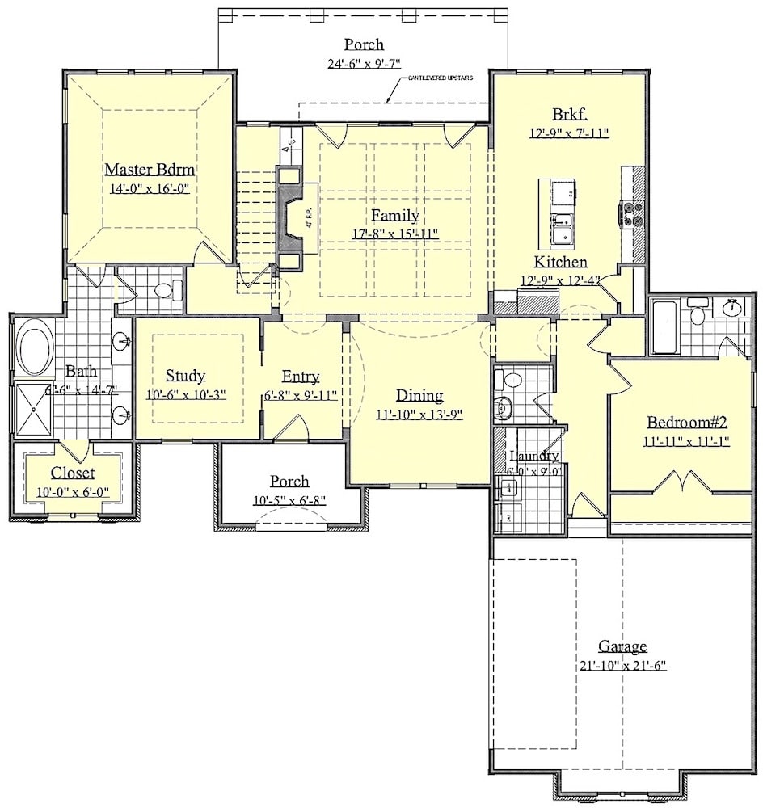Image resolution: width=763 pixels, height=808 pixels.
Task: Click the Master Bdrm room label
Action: click(151, 169)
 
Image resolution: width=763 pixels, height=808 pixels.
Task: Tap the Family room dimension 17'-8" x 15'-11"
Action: click(395, 234)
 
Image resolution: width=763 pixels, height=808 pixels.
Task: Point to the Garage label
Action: click(622, 646)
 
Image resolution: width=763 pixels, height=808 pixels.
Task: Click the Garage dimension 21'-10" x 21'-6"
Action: click(622, 666)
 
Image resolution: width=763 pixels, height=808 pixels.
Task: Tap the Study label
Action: click(185, 376)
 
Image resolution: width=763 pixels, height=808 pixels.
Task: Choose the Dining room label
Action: click(419, 395)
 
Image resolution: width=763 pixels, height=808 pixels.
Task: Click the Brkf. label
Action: click(569, 114)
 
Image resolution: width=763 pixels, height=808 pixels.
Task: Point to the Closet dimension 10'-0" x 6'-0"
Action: click(73, 492)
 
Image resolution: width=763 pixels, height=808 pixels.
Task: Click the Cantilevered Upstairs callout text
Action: click(440, 78)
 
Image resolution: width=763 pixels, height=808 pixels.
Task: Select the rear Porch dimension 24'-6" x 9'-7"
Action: click(364, 64)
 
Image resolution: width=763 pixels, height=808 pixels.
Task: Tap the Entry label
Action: click(301, 377)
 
